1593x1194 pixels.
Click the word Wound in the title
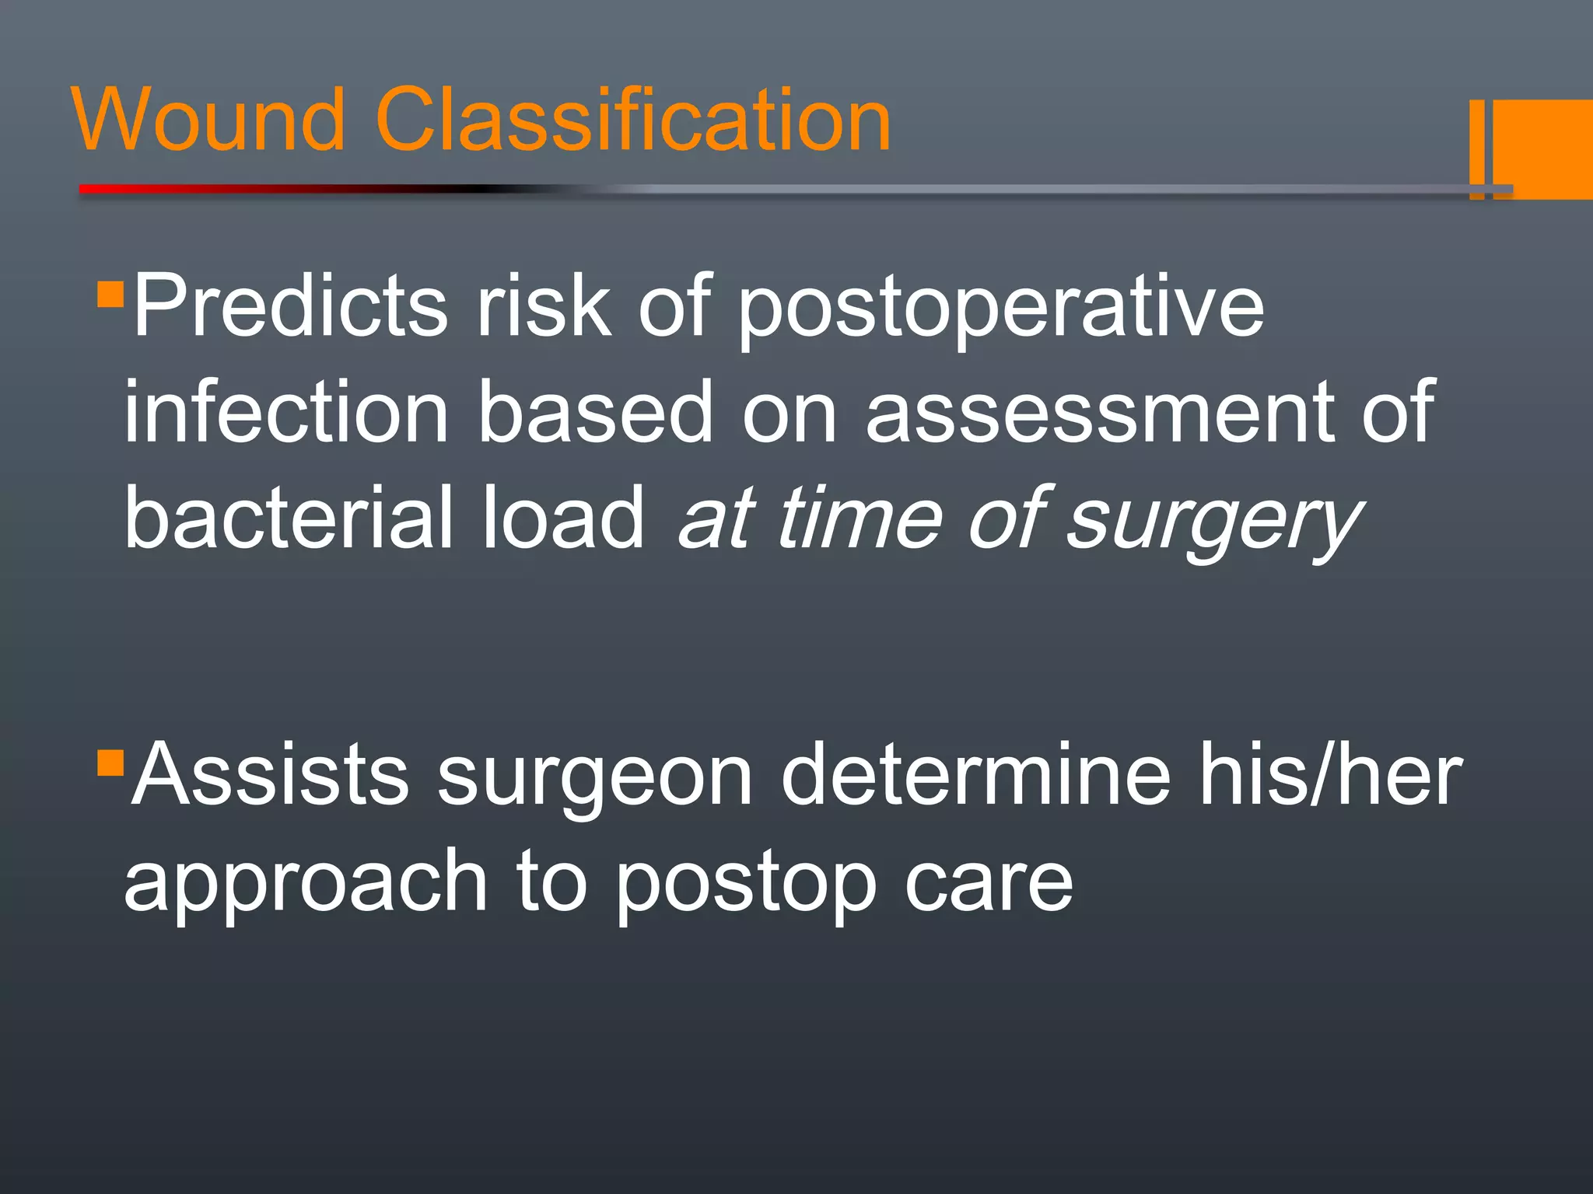(x=208, y=120)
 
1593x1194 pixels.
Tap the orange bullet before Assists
(x=110, y=763)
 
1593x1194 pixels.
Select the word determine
(x=975, y=775)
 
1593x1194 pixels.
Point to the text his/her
(x=1330, y=775)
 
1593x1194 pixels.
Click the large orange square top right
(x=1544, y=148)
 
